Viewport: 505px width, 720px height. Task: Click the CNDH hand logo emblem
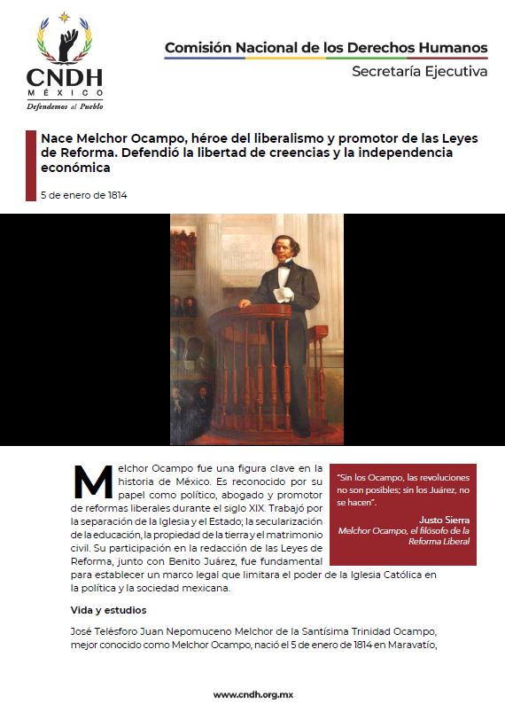click(65, 39)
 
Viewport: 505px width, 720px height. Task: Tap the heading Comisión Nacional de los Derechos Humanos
click(326, 47)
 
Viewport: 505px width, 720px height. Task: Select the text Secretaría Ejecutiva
click(419, 71)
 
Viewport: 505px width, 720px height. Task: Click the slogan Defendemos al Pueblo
click(65, 106)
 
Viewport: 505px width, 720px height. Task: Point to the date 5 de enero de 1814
click(84, 195)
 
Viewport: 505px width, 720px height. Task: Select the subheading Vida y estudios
click(109, 610)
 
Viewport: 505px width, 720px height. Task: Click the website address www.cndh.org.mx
click(252, 694)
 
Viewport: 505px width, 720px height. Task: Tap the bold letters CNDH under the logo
click(65, 78)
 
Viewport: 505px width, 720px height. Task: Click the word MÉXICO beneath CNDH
click(65, 92)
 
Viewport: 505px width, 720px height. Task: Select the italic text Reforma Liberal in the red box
click(408, 542)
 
